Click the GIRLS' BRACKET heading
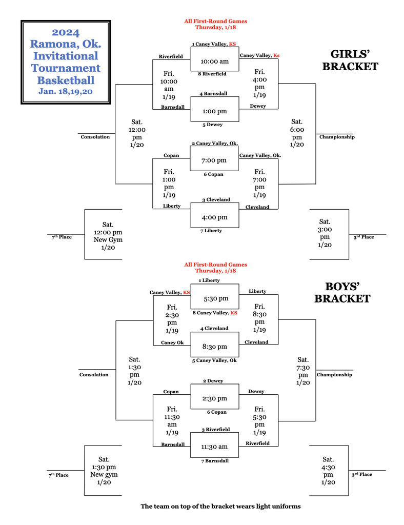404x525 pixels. [354, 60]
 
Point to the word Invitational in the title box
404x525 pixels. [66, 56]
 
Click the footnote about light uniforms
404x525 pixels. [220, 506]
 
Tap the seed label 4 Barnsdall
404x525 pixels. [214, 94]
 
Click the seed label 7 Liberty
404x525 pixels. [211, 231]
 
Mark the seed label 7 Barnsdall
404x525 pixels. [215, 460]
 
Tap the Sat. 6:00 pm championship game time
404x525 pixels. [297, 133]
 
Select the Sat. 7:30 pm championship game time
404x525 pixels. [303, 371]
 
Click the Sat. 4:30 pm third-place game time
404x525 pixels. [329, 471]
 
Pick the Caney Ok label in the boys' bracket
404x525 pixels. [172, 343]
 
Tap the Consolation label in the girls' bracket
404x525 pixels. [95, 137]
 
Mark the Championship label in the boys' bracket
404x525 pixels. [334, 375]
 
